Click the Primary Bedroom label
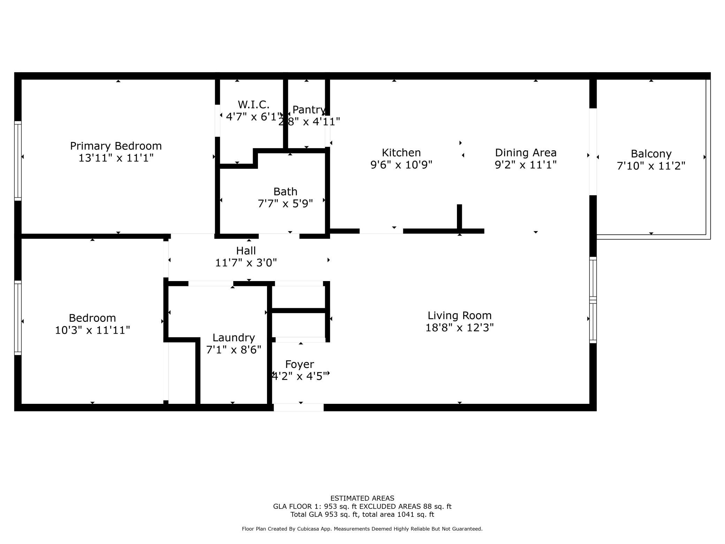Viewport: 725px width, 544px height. pyautogui.click(x=116, y=146)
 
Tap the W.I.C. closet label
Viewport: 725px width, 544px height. pyautogui.click(x=253, y=105)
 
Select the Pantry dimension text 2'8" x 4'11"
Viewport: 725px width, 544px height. pyautogui.click(x=309, y=122)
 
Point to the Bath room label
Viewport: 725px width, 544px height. pyautogui.click(x=285, y=191)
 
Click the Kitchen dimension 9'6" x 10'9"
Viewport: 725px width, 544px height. pyautogui.click(x=401, y=165)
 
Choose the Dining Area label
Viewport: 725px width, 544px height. pyautogui.click(x=526, y=153)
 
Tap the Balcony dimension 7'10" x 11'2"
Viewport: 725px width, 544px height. pyautogui.click(x=651, y=166)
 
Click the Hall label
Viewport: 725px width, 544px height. pyautogui.click(x=246, y=251)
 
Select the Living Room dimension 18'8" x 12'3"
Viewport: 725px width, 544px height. pyautogui.click(x=459, y=328)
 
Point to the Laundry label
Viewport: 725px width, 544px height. pyautogui.click(x=234, y=338)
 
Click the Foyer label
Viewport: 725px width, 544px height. pyautogui.click(x=299, y=364)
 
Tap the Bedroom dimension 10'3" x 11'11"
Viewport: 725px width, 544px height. pyautogui.click(x=92, y=330)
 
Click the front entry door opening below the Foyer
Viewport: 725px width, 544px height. pyautogui.click(x=298, y=407)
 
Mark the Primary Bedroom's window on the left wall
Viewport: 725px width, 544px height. pyautogui.click(x=18, y=161)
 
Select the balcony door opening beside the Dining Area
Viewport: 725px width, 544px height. pyautogui.click(x=593, y=152)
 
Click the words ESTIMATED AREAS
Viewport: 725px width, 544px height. pyautogui.click(x=362, y=498)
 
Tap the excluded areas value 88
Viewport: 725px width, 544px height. pyautogui.click(x=427, y=506)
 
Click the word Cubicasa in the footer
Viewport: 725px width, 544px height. pyautogui.click(x=309, y=529)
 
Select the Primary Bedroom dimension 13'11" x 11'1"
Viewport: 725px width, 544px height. pyautogui.click(x=116, y=158)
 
